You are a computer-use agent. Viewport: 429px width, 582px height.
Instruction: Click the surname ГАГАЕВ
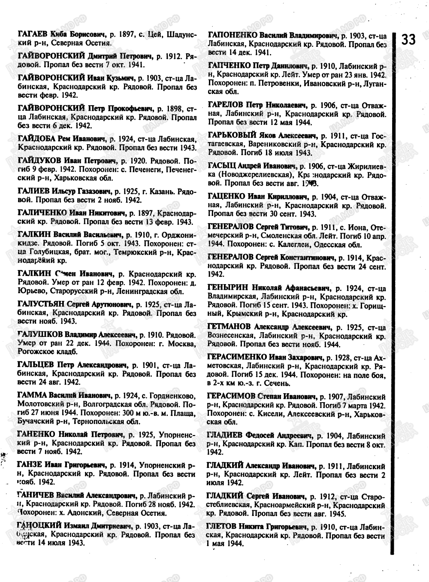[x=33, y=34]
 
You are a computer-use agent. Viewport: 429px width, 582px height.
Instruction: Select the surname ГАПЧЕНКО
[x=229, y=66]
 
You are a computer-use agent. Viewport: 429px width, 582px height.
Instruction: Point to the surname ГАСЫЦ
[x=221, y=166]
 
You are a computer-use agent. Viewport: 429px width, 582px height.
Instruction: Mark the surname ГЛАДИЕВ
[x=225, y=435]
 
